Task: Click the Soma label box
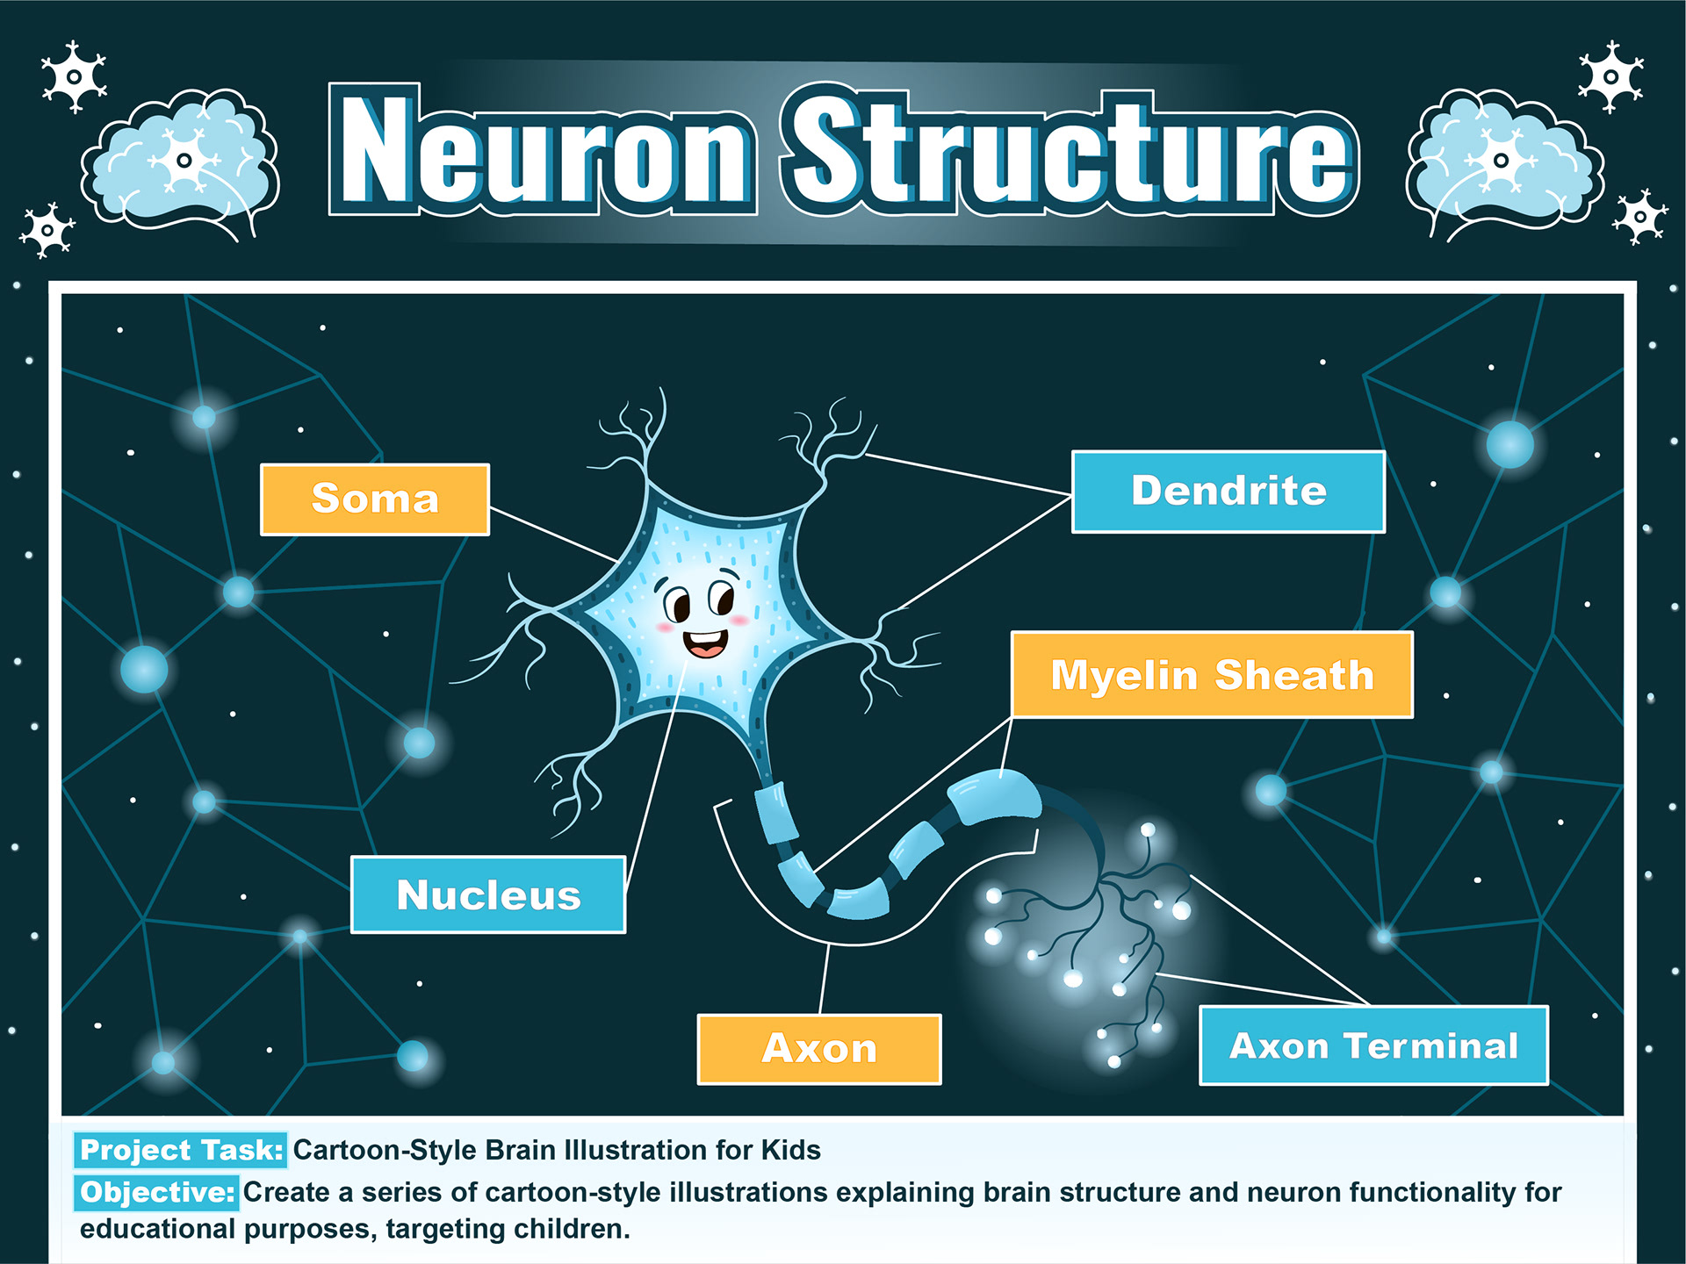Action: [375, 499]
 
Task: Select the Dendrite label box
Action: [1228, 492]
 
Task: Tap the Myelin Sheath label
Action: [1212, 675]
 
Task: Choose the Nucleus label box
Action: [488, 894]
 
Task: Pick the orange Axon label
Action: [818, 1049]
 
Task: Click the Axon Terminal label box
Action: [1373, 1045]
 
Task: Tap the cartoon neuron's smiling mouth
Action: [706, 643]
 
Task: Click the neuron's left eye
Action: [677, 605]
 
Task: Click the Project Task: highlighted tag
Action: [181, 1150]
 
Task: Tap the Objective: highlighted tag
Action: [156, 1192]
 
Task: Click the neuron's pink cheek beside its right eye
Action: [739, 621]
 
